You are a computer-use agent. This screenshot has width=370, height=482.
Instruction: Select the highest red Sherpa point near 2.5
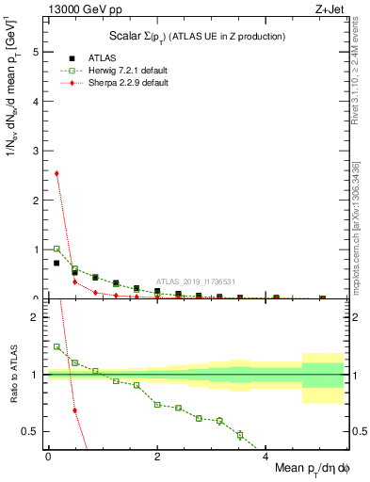coord(56,173)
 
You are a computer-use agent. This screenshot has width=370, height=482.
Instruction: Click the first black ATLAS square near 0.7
coord(56,263)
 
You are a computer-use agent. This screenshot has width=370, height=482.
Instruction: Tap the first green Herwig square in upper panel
coord(56,249)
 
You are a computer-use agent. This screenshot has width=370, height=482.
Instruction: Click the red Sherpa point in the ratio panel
coord(74,410)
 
